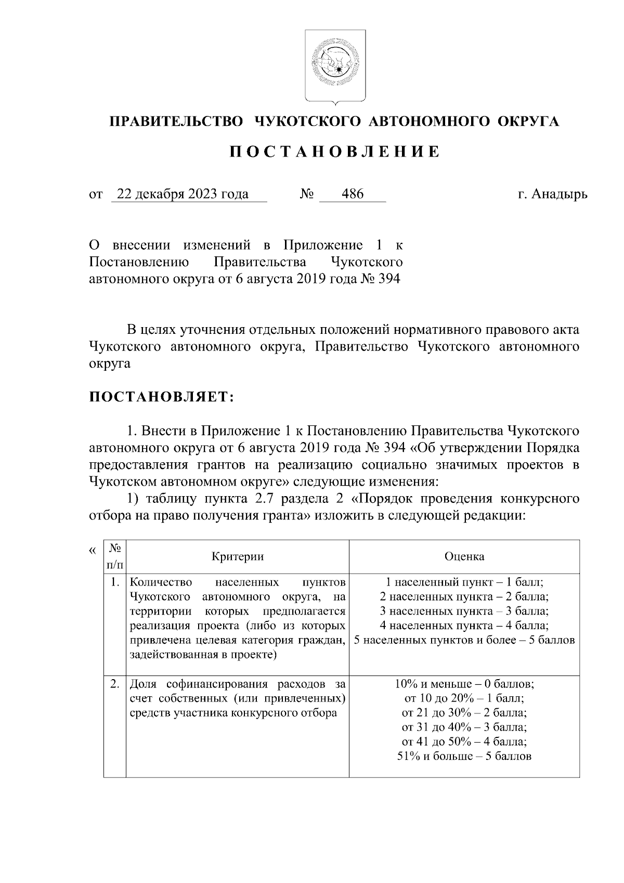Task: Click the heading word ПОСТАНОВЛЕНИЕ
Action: (335, 152)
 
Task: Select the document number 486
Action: (352, 194)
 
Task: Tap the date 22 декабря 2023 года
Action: (183, 194)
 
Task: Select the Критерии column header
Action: (238, 556)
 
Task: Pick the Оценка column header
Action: (464, 556)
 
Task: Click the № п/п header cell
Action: (115, 556)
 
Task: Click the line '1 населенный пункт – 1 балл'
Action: (464, 582)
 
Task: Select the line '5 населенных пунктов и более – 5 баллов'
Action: (464, 640)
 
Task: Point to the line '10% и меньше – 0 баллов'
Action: (464, 683)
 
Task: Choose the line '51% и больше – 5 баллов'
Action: (464, 756)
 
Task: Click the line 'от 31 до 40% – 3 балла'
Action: (464, 727)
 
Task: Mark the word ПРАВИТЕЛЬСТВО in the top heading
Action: (177, 122)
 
